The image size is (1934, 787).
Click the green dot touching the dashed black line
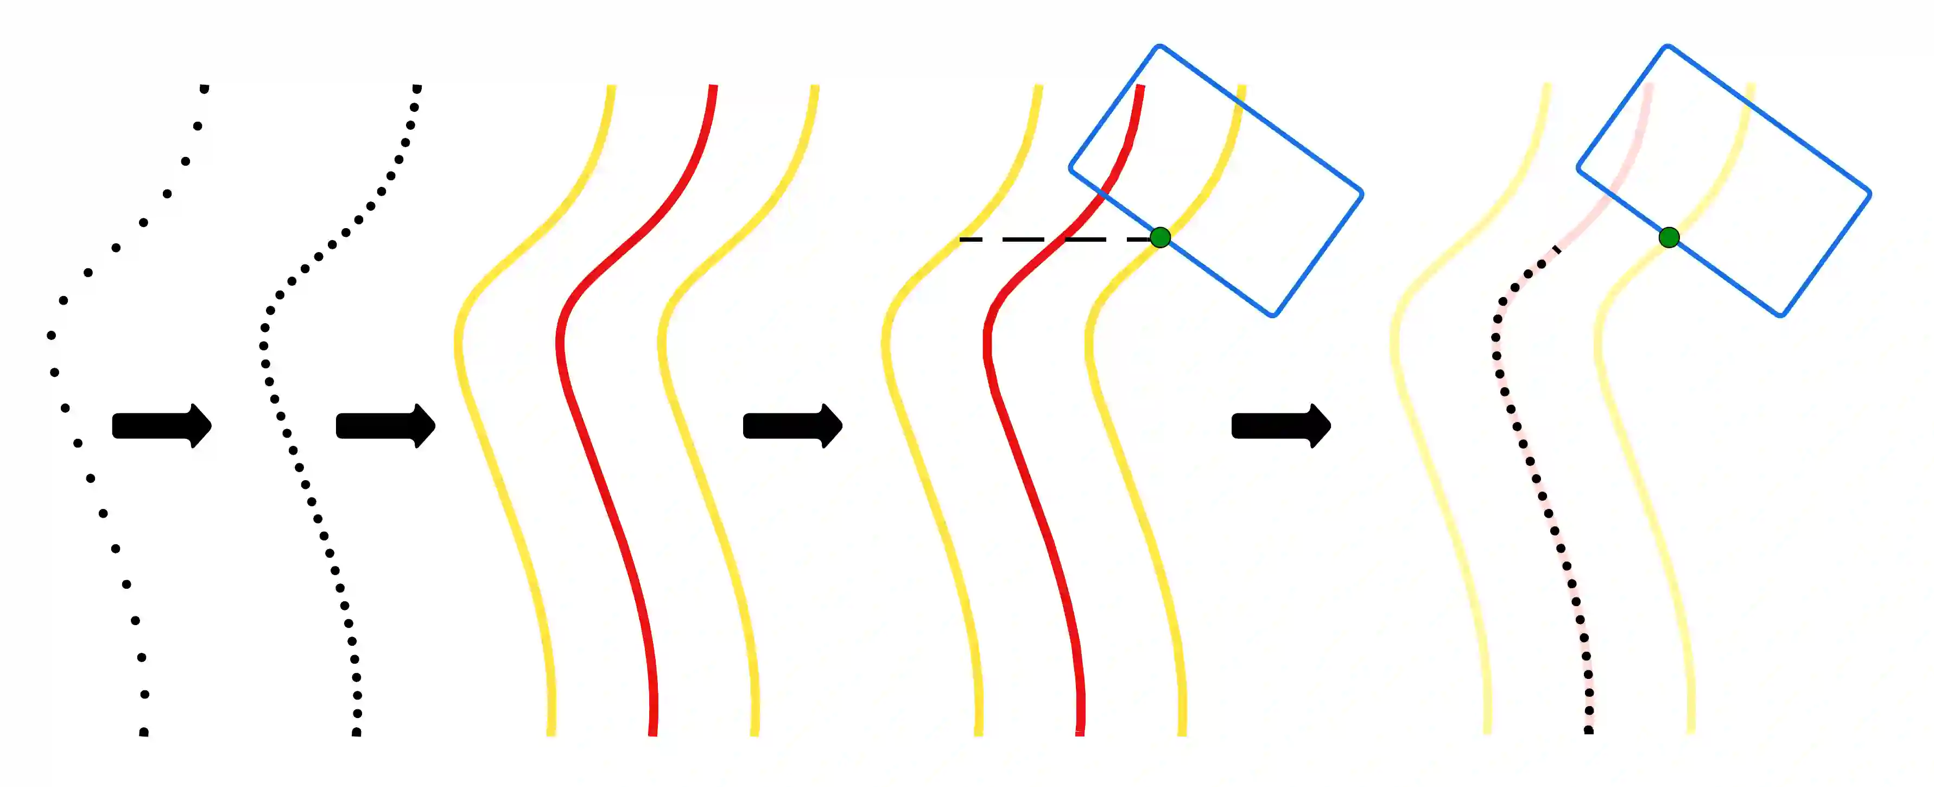[x=1160, y=238]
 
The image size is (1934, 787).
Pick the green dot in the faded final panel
[x=1669, y=238]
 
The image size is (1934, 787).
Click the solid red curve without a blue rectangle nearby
[x=601, y=451]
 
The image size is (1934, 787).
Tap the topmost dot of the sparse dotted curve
[x=204, y=89]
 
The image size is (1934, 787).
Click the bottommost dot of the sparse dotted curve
[x=143, y=732]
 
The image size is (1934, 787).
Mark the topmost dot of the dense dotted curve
[x=417, y=89]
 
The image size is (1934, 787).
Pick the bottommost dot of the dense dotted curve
[x=357, y=732]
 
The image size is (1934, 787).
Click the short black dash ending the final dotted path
[x=1556, y=249]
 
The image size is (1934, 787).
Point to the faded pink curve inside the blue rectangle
[x=1637, y=150]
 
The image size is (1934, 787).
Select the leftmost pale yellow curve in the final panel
[x=1426, y=451]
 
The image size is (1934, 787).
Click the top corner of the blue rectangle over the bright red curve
[x=1160, y=47]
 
